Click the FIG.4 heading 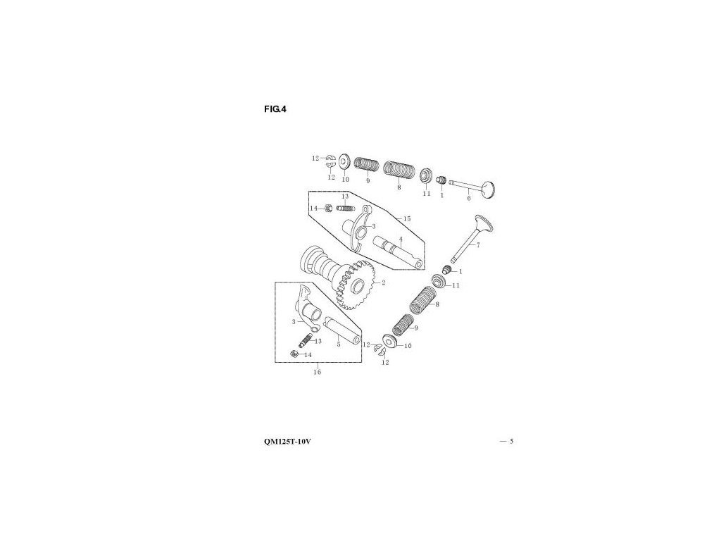point(275,108)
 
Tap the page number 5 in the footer point(512,442)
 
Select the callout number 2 point(384,283)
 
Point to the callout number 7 point(477,245)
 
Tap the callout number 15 point(407,218)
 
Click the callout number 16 point(317,372)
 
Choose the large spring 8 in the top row point(398,171)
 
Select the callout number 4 point(400,240)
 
